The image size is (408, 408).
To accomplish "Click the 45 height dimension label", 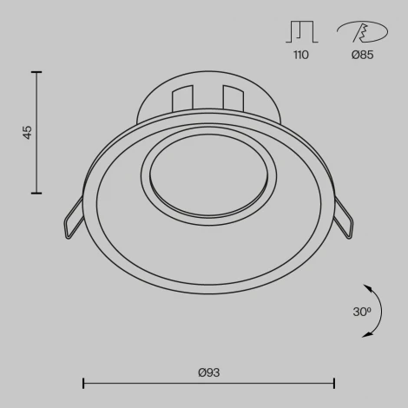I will coord(28,133).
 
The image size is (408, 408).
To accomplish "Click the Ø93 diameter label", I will coord(208,372).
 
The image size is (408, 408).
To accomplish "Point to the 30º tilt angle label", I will coord(362,311).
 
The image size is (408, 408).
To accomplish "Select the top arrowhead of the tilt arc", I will coord(367,287).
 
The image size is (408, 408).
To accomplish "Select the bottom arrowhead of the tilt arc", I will coord(367,333).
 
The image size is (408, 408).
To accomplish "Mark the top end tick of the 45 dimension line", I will coord(36,73).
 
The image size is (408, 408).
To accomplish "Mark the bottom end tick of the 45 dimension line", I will coord(36,193).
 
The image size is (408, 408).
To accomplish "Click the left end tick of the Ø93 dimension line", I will coord(83,383).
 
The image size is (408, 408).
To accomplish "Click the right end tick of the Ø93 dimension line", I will coord(334,383).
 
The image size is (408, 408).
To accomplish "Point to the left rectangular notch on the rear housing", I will coord(182,97).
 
